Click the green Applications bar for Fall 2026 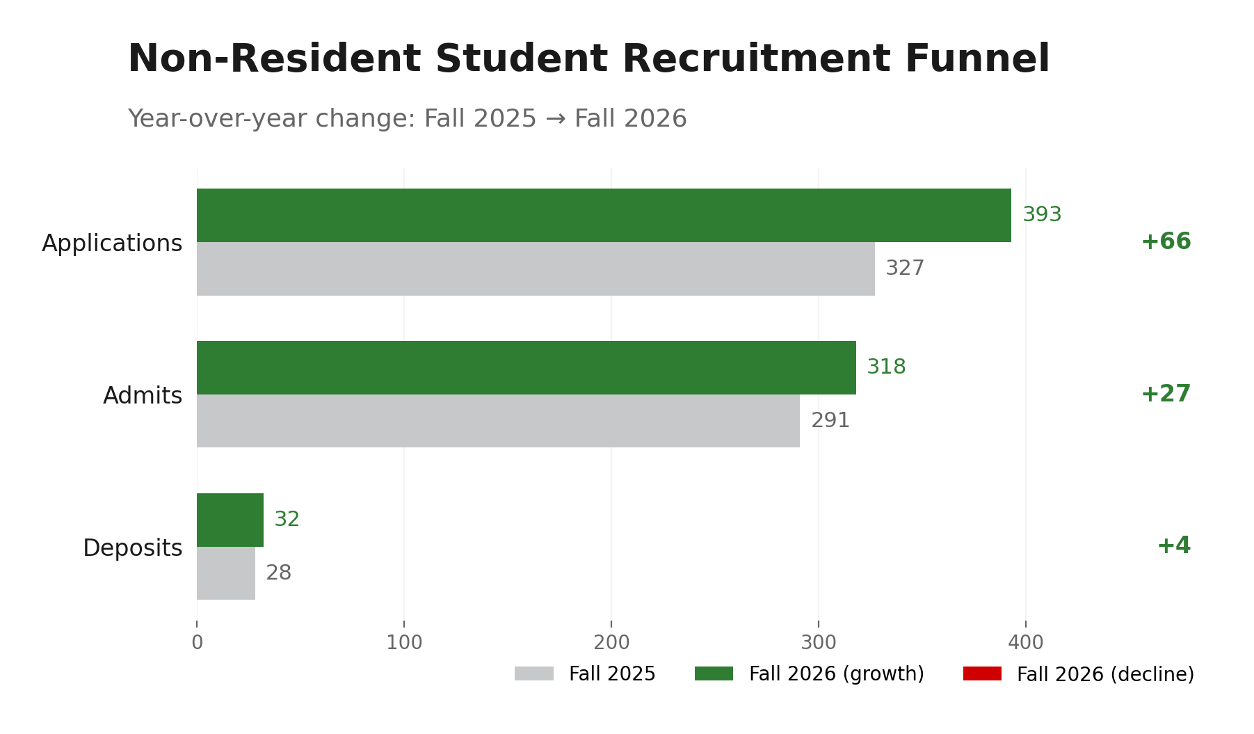[x=604, y=215]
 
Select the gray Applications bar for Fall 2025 [x=536, y=269]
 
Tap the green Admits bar [x=526, y=367]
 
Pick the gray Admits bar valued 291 [x=498, y=421]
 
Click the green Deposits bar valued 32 [x=230, y=520]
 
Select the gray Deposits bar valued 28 [x=226, y=573]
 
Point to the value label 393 [x=1042, y=215]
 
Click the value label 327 [x=905, y=269]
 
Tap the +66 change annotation [x=1166, y=242]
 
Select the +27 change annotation [x=1166, y=394]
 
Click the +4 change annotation [x=1173, y=546]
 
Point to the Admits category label [x=143, y=396]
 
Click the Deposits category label [x=133, y=548]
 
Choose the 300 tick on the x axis [x=819, y=643]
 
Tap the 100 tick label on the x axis [x=404, y=643]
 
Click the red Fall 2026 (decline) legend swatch [x=982, y=673]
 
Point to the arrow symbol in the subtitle [x=555, y=119]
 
